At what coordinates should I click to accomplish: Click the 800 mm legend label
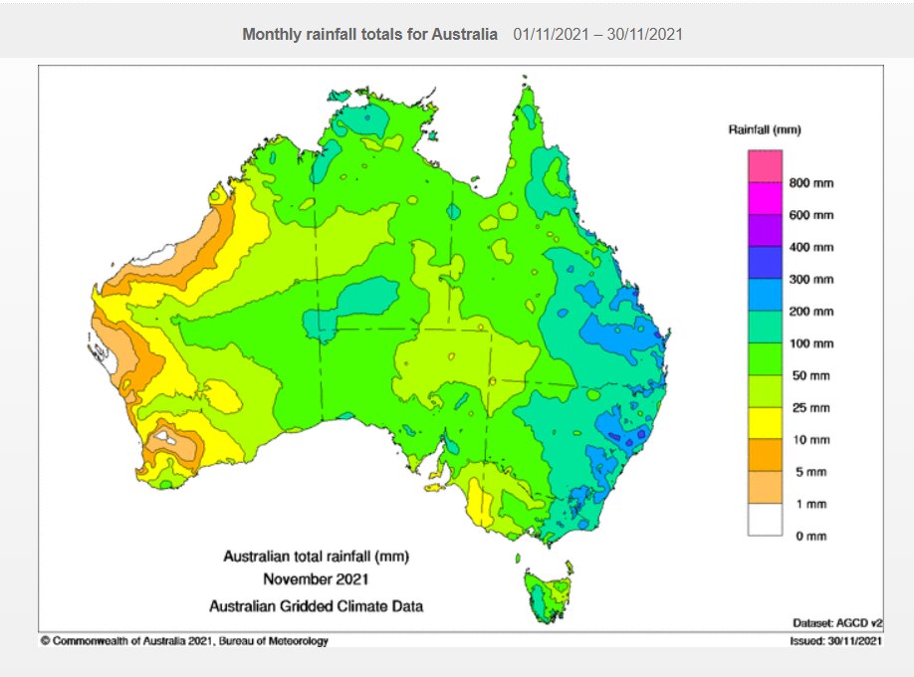(811, 183)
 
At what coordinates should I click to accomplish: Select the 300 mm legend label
(811, 280)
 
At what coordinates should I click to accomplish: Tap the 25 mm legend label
(809, 408)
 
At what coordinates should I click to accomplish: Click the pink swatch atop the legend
(766, 166)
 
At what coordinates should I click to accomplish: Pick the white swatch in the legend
(766, 520)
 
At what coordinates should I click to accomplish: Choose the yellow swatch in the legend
(766, 424)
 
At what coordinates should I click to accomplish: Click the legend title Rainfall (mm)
(765, 130)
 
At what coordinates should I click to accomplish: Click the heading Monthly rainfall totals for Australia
(369, 34)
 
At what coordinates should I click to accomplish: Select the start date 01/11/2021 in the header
(552, 34)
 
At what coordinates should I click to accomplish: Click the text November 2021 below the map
(316, 578)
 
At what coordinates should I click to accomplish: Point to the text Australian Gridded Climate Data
(316, 604)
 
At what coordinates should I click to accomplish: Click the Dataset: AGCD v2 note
(831, 621)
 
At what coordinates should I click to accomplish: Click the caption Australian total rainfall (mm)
(316, 556)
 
